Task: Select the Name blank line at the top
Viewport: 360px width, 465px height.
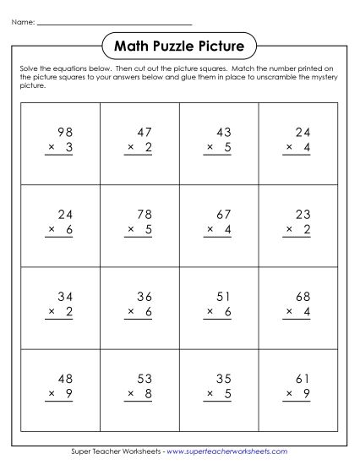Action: pyautogui.click(x=114, y=24)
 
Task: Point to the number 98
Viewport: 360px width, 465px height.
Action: pyautogui.click(x=65, y=132)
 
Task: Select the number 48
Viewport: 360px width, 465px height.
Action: pyautogui.click(x=65, y=378)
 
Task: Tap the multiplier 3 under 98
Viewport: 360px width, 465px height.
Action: pyautogui.click(x=70, y=147)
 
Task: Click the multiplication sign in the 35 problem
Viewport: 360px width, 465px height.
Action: pyautogui.click(x=208, y=394)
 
